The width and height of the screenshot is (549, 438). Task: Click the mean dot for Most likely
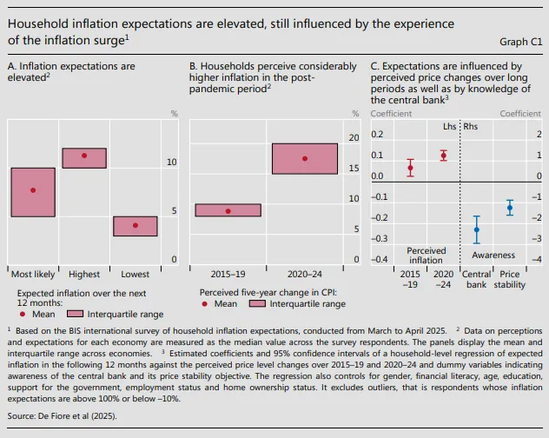click(33, 190)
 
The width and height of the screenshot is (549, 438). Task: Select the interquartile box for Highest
click(84, 157)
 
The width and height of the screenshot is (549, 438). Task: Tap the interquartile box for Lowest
click(135, 226)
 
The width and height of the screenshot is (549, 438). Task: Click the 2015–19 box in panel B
click(228, 210)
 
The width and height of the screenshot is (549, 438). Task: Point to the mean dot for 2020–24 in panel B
click(304, 158)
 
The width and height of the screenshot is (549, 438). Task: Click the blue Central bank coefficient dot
click(476, 230)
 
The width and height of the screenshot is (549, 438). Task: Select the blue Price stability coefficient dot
click(510, 207)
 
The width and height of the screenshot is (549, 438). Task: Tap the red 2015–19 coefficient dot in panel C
click(410, 168)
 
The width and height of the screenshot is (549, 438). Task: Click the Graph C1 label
click(520, 41)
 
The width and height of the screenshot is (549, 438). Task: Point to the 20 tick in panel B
click(354, 138)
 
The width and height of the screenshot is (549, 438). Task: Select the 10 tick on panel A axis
click(172, 163)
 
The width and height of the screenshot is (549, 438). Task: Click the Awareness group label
click(493, 255)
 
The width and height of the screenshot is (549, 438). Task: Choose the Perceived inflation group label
click(426, 255)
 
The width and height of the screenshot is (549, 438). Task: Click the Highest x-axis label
click(84, 274)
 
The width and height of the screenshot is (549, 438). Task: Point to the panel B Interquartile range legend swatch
click(257, 304)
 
